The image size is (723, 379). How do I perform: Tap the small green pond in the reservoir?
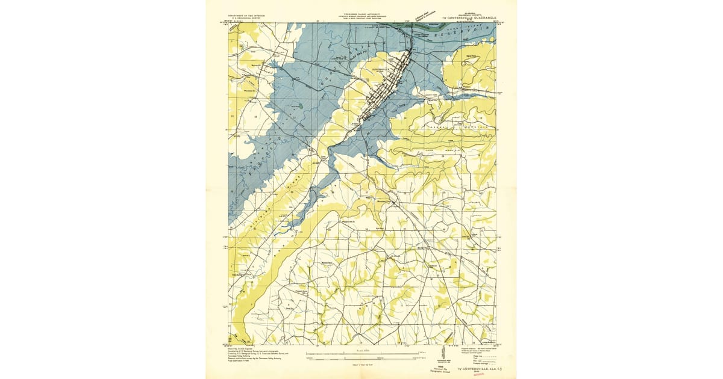(x=297, y=106)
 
